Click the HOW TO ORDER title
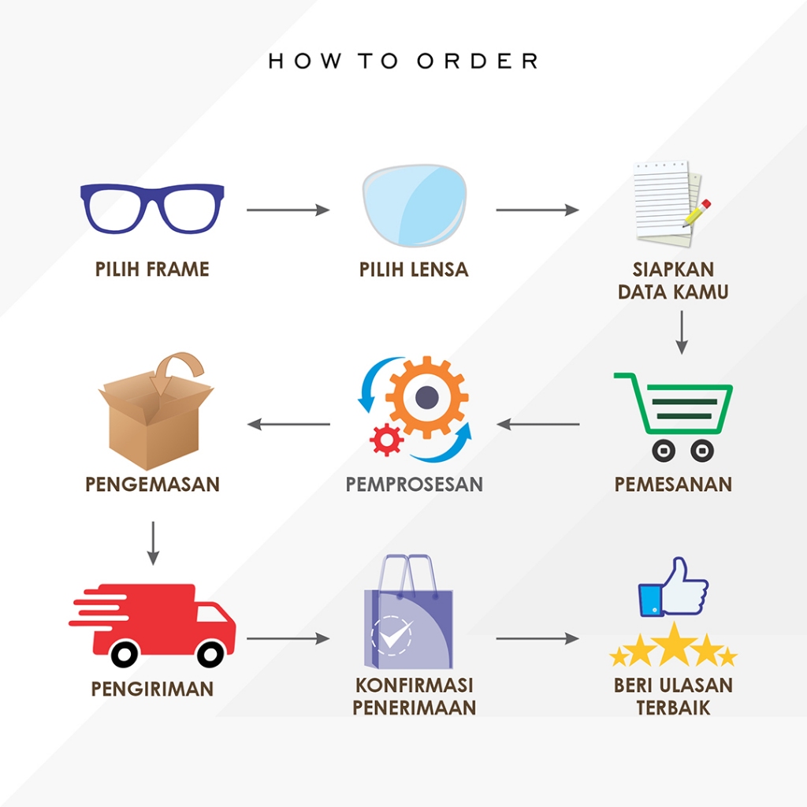pyautogui.click(x=403, y=61)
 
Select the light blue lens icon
pyautogui.click(x=415, y=206)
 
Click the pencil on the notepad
pyautogui.click(x=697, y=213)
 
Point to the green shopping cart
pyautogui.click(x=638, y=407)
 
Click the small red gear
pyautogui.click(x=386, y=440)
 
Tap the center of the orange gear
pyautogui.click(x=426, y=397)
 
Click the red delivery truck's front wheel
pyautogui.click(x=210, y=653)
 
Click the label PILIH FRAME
pyautogui.click(x=152, y=270)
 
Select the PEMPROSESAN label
pyautogui.click(x=415, y=485)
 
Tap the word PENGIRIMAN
pyautogui.click(x=152, y=689)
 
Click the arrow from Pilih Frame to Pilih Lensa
pyautogui.click(x=288, y=210)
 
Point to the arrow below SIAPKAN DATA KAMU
pyautogui.click(x=682, y=333)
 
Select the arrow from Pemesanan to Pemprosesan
pyautogui.click(x=537, y=424)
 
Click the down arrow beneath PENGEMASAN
pyautogui.click(x=153, y=544)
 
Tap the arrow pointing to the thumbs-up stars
pyautogui.click(x=537, y=638)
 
